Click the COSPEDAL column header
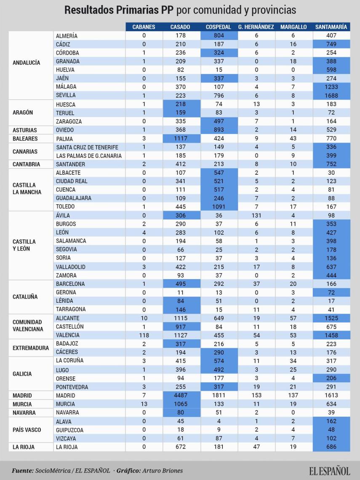(x=218, y=27)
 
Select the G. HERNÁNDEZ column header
(x=256, y=27)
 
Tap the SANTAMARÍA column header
(x=331, y=27)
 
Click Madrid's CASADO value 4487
(x=180, y=395)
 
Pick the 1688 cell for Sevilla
(x=331, y=96)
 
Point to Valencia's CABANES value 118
(x=144, y=335)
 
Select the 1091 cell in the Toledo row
(x=218, y=207)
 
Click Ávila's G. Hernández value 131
(x=256, y=215)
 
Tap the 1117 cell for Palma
(x=180, y=139)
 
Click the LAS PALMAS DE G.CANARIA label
(x=88, y=156)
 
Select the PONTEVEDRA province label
(x=72, y=387)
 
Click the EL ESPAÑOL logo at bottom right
(x=329, y=470)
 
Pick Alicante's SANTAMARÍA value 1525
(x=331, y=318)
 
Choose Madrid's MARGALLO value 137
(x=293, y=395)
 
